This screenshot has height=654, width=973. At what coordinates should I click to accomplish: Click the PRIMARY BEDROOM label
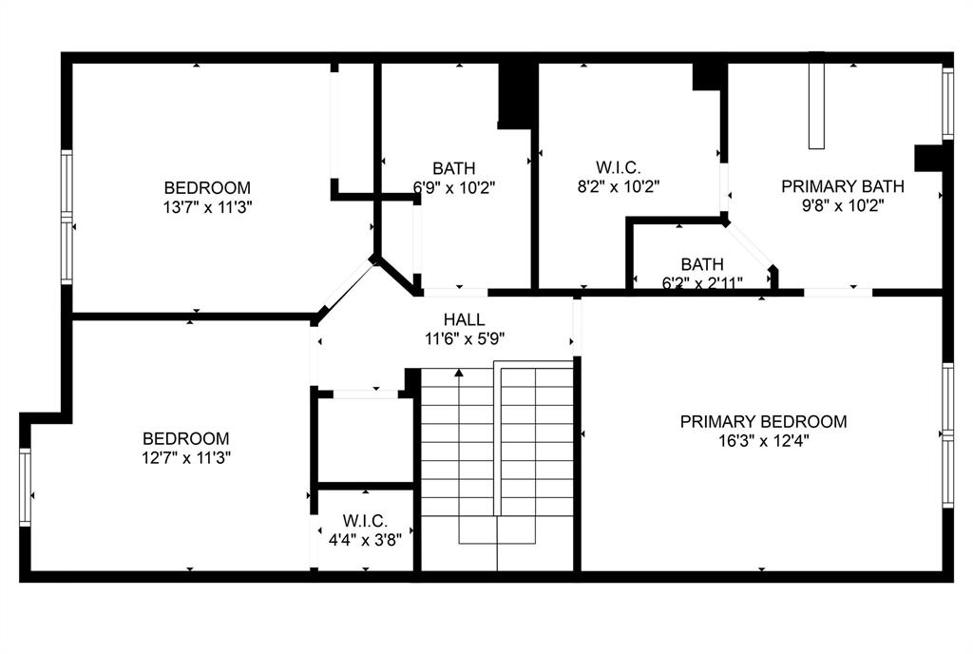point(763,421)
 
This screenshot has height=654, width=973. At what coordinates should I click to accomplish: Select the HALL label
point(464,319)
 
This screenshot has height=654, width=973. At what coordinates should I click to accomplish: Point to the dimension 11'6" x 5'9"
point(464,337)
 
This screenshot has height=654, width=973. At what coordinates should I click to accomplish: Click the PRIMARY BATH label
point(842,186)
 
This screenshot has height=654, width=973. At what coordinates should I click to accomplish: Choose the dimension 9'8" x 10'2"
point(842,205)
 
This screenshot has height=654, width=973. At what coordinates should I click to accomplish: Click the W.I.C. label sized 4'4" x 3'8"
point(365,521)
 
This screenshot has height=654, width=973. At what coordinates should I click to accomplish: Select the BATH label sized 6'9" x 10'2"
point(453,168)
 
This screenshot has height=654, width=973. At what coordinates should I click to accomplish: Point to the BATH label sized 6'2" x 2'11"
point(701,263)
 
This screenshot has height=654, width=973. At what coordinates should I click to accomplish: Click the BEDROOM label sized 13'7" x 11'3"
point(207,187)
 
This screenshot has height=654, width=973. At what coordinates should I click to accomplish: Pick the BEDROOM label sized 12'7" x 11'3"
point(185,438)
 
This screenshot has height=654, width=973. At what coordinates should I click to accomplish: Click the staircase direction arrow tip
point(459,372)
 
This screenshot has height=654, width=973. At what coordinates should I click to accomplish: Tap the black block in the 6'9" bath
point(517,95)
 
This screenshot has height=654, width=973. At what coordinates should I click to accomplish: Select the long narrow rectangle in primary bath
point(816,106)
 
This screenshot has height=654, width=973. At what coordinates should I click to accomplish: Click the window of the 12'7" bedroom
point(26,487)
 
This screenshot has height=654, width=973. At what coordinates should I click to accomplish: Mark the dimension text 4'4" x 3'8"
point(365,539)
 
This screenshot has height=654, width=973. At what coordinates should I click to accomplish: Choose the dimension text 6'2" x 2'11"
point(701,281)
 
